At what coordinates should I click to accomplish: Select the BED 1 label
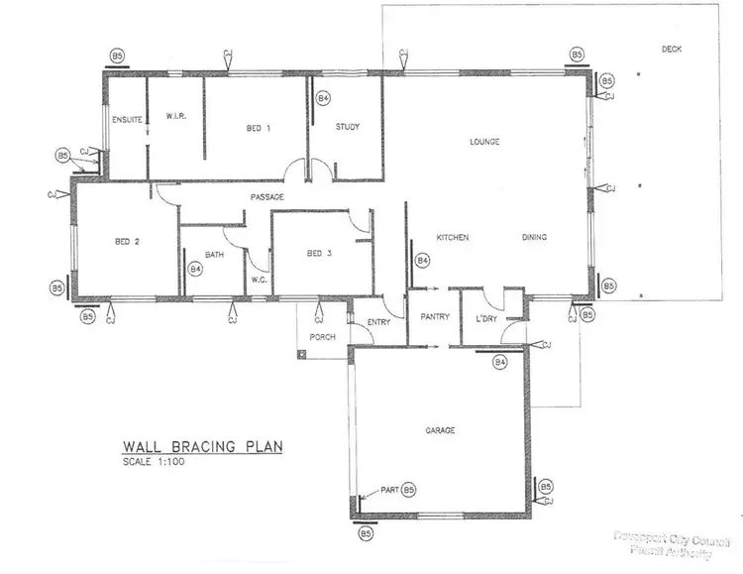[260, 127]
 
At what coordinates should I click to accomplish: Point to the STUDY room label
[347, 127]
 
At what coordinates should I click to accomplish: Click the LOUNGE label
[484, 142]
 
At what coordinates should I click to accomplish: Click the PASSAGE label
[267, 197]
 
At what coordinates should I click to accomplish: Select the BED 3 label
[319, 254]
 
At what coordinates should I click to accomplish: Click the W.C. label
[260, 279]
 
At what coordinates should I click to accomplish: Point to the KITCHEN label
[453, 237]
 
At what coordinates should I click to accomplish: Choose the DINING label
[535, 237]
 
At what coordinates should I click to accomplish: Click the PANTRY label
[435, 317]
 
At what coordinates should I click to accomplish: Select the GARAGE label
[440, 430]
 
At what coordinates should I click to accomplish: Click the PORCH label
[323, 336]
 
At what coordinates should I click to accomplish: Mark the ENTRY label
[379, 322]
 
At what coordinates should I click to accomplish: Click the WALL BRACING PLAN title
[202, 447]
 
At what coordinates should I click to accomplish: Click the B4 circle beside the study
[323, 98]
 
